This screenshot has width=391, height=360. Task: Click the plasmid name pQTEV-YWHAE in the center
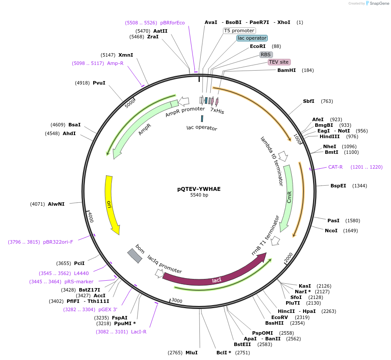point(199,189)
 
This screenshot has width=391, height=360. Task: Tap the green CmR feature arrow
point(288,198)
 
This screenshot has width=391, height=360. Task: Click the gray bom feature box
point(135,256)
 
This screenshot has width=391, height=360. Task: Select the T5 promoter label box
point(239,31)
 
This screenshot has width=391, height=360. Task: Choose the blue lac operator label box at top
point(252,38)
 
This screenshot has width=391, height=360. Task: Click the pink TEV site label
point(279,62)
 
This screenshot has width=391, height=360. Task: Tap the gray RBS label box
point(266,54)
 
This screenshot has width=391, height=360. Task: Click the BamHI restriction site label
point(287,70)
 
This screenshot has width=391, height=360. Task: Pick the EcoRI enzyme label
point(258,46)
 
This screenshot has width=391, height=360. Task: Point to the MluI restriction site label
point(192,353)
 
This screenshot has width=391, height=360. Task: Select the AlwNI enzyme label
point(56,204)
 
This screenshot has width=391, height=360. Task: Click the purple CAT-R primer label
point(335,167)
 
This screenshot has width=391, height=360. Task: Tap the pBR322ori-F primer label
point(58,242)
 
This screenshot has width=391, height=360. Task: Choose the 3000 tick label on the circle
point(177,301)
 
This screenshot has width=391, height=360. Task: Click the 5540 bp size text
point(199,195)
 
